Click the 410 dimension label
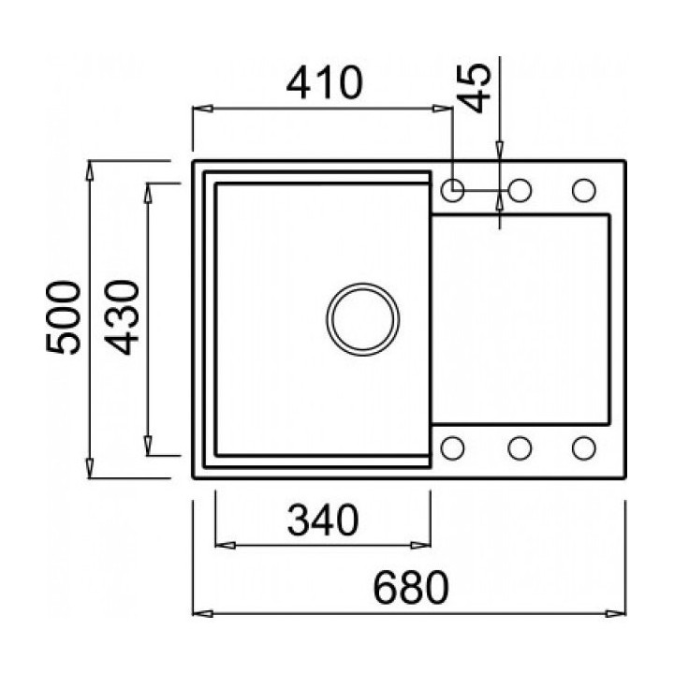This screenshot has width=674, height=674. (325, 82)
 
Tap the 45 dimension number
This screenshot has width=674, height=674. (475, 88)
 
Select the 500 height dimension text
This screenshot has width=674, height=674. (64, 317)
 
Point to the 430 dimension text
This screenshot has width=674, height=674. (122, 317)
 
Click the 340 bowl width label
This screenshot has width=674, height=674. (323, 520)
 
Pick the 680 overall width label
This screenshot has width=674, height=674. (411, 587)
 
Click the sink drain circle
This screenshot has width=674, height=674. (363, 319)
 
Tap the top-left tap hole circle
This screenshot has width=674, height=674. (453, 190)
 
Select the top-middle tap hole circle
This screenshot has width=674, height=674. (520, 190)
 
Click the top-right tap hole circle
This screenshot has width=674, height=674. (584, 190)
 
